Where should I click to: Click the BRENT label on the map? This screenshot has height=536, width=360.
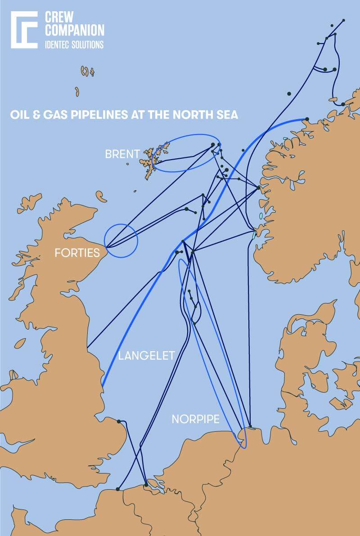click(122, 154)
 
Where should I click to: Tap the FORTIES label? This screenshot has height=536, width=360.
click(77, 253)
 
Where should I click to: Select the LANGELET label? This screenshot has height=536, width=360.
click(146, 357)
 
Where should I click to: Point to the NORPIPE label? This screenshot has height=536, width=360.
click(195, 420)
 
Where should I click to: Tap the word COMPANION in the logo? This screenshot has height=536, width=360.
click(74, 30)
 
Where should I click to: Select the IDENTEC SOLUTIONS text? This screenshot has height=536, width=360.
click(74, 45)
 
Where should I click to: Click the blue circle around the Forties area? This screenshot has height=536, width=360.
click(121, 241)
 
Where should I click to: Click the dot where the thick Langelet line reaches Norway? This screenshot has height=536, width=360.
click(307, 119)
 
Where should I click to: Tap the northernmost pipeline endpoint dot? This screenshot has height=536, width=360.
click(343, 21)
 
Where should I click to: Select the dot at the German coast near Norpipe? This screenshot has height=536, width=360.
click(250, 426)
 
